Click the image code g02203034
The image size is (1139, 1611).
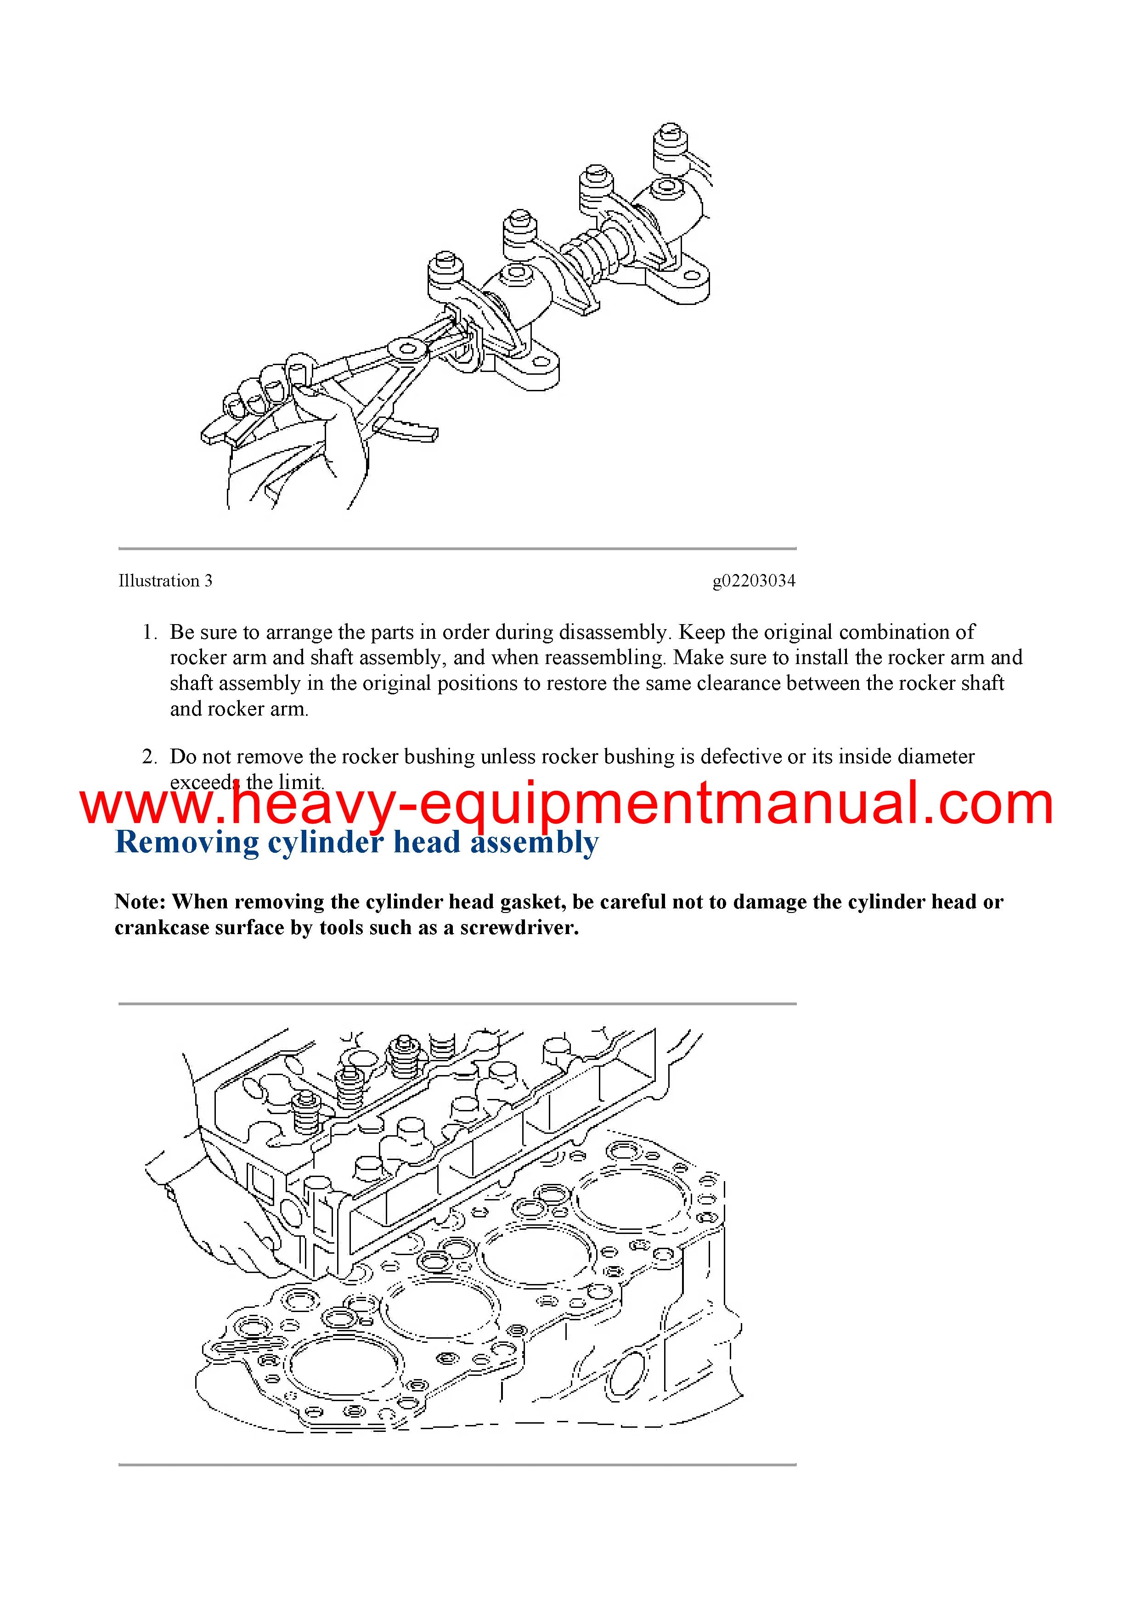[x=754, y=581]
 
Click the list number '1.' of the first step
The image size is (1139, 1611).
[x=149, y=632]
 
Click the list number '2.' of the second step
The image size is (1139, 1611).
[x=149, y=756]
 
